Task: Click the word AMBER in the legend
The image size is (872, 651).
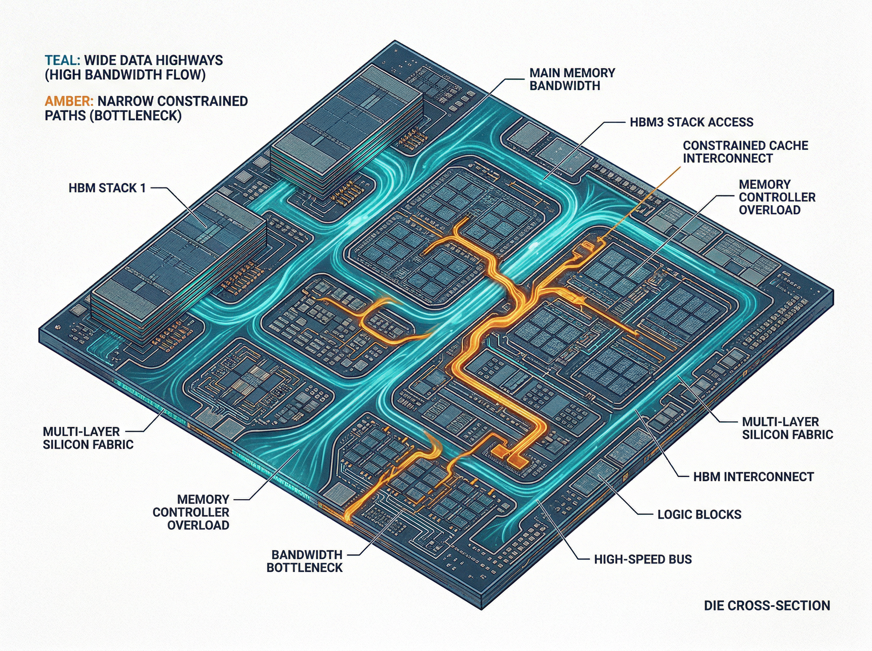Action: (69, 101)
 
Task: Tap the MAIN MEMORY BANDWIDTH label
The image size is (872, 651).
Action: (572, 79)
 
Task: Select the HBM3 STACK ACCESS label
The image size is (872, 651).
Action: (691, 122)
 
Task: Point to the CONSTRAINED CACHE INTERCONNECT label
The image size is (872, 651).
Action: (745, 152)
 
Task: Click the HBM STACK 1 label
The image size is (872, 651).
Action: (107, 188)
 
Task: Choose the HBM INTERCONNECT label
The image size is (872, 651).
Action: (753, 477)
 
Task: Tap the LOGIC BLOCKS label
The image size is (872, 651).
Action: (699, 514)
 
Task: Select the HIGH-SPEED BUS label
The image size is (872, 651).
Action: (643, 559)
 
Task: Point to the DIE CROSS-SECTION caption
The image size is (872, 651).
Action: (767, 605)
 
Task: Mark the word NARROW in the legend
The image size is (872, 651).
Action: (125, 101)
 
